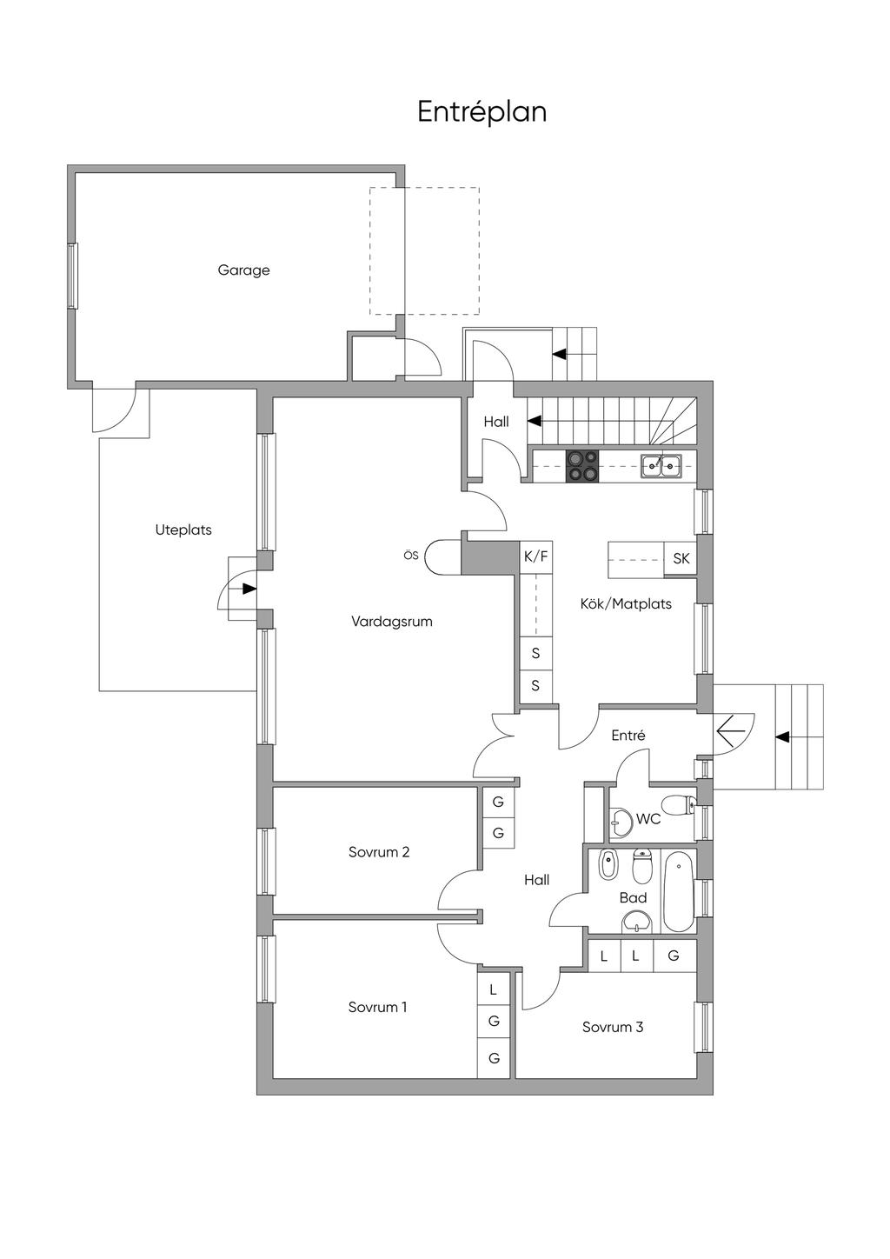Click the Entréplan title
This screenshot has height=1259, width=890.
tap(482, 112)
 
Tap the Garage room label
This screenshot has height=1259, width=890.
tap(243, 270)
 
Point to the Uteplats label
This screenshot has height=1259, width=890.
tap(183, 530)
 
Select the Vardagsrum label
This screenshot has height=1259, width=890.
tap(392, 622)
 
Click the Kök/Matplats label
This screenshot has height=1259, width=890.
tap(626, 604)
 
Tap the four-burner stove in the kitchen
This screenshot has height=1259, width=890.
tap(582, 467)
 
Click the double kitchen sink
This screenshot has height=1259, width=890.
tap(661, 466)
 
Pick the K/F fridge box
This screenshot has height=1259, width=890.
tap(535, 557)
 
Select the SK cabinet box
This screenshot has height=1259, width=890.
tap(681, 558)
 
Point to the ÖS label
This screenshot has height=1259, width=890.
tap(411, 556)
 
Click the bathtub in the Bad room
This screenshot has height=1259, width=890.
tap(680, 891)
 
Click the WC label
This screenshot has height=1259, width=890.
tap(648, 819)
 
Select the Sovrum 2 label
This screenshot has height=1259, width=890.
tap(379, 852)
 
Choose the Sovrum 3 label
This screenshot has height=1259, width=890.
tap(613, 1028)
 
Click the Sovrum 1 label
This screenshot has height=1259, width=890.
tap(377, 1007)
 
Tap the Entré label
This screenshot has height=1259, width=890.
tap(628, 736)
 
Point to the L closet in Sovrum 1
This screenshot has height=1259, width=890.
tap(494, 989)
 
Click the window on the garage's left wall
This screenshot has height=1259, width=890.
tap(72, 276)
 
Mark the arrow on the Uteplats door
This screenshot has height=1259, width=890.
tap(249, 589)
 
